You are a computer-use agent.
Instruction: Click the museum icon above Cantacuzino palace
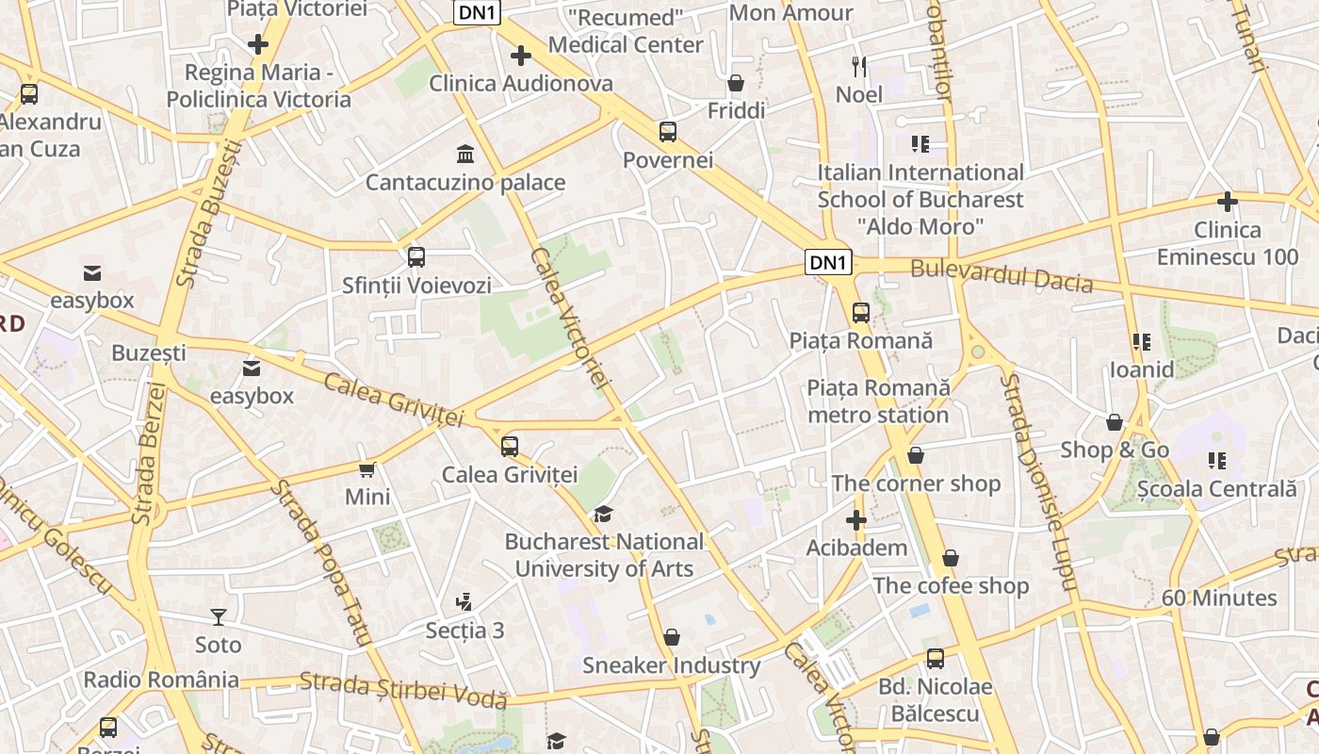464,154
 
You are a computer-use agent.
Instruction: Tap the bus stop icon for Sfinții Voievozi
415,256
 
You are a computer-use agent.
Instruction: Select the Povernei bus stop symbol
668,132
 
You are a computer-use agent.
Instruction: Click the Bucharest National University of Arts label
604,555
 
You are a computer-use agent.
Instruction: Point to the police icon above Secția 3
463,601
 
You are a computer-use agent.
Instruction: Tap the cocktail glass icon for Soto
219,617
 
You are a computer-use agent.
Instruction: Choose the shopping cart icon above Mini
367,468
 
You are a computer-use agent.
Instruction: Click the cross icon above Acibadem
855,520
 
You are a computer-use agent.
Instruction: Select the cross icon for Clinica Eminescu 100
1227,202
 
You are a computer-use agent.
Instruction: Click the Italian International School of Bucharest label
920,199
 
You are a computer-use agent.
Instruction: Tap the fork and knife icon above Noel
858,66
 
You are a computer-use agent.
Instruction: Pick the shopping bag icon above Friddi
736,83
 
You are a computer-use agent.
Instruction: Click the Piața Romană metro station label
878,402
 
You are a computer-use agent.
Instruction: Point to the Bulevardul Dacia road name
1001,276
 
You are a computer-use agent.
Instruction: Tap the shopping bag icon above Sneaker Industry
671,638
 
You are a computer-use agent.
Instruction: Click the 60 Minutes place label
1218,598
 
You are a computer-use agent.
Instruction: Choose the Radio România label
161,680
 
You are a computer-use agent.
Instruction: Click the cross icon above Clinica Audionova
520,56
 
